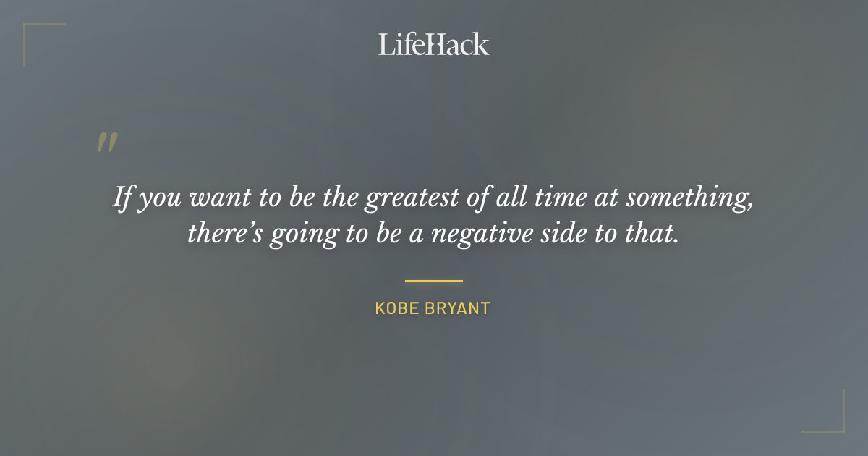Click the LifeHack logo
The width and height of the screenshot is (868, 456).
click(x=433, y=45)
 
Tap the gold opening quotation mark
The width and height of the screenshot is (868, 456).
click(x=107, y=143)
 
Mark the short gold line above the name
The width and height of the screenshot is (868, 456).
click(x=433, y=281)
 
